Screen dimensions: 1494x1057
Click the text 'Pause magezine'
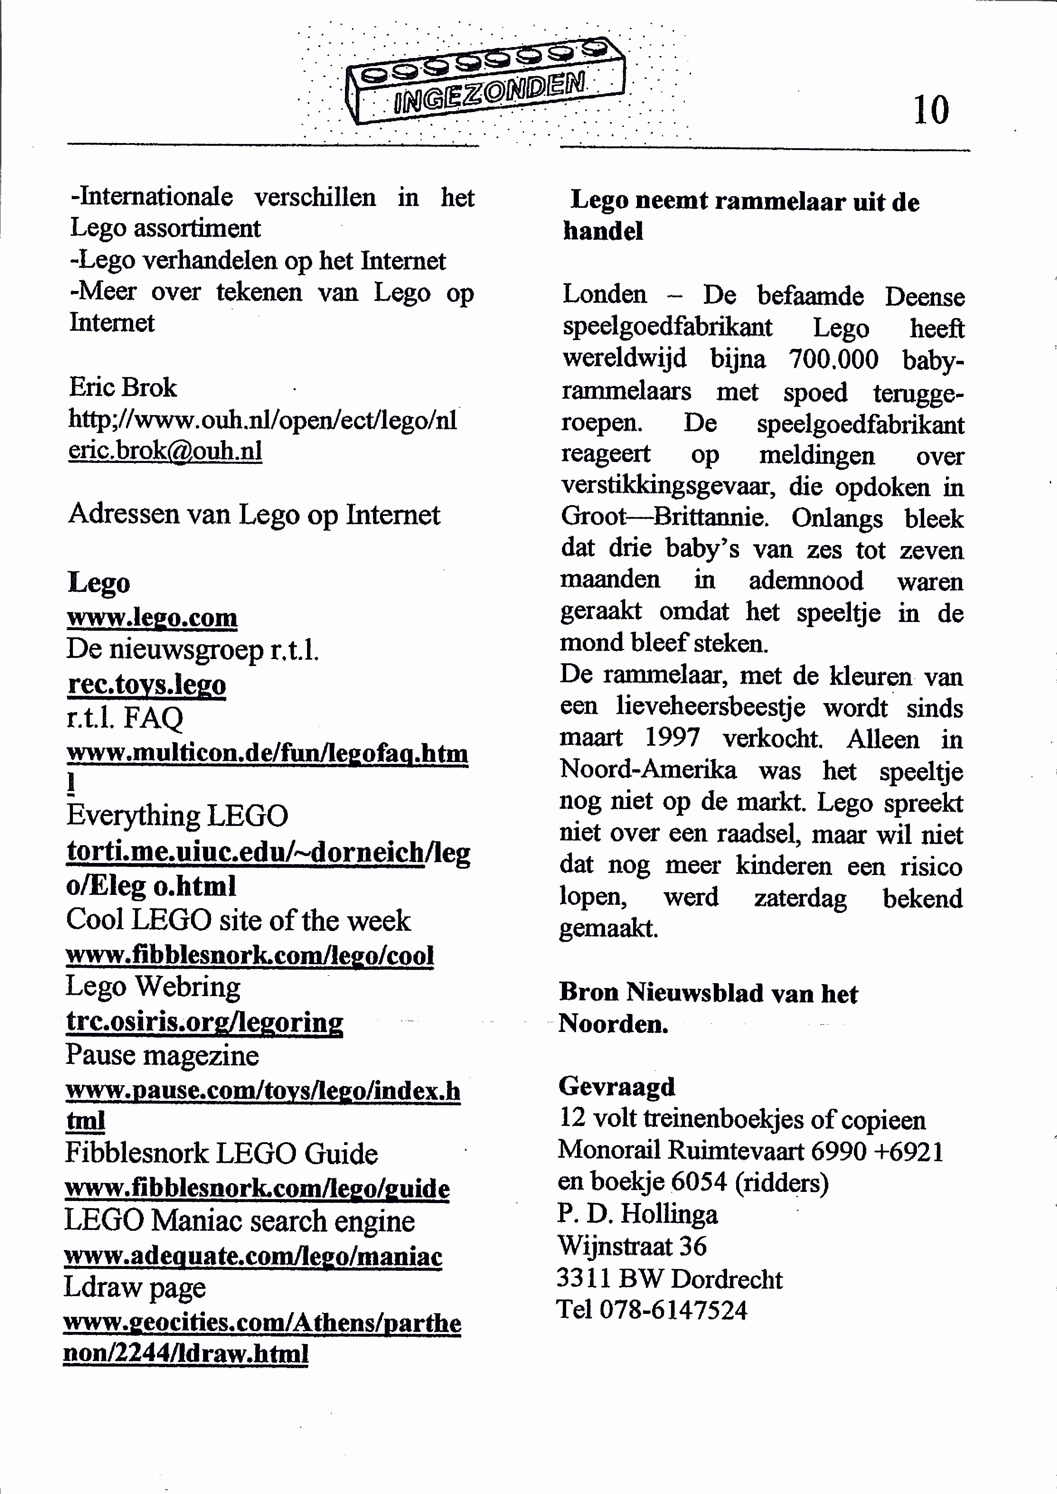(x=162, y=1055)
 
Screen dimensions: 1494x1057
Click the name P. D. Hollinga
(x=638, y=1214)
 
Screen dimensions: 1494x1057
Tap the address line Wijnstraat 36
(x=632, y=1246)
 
